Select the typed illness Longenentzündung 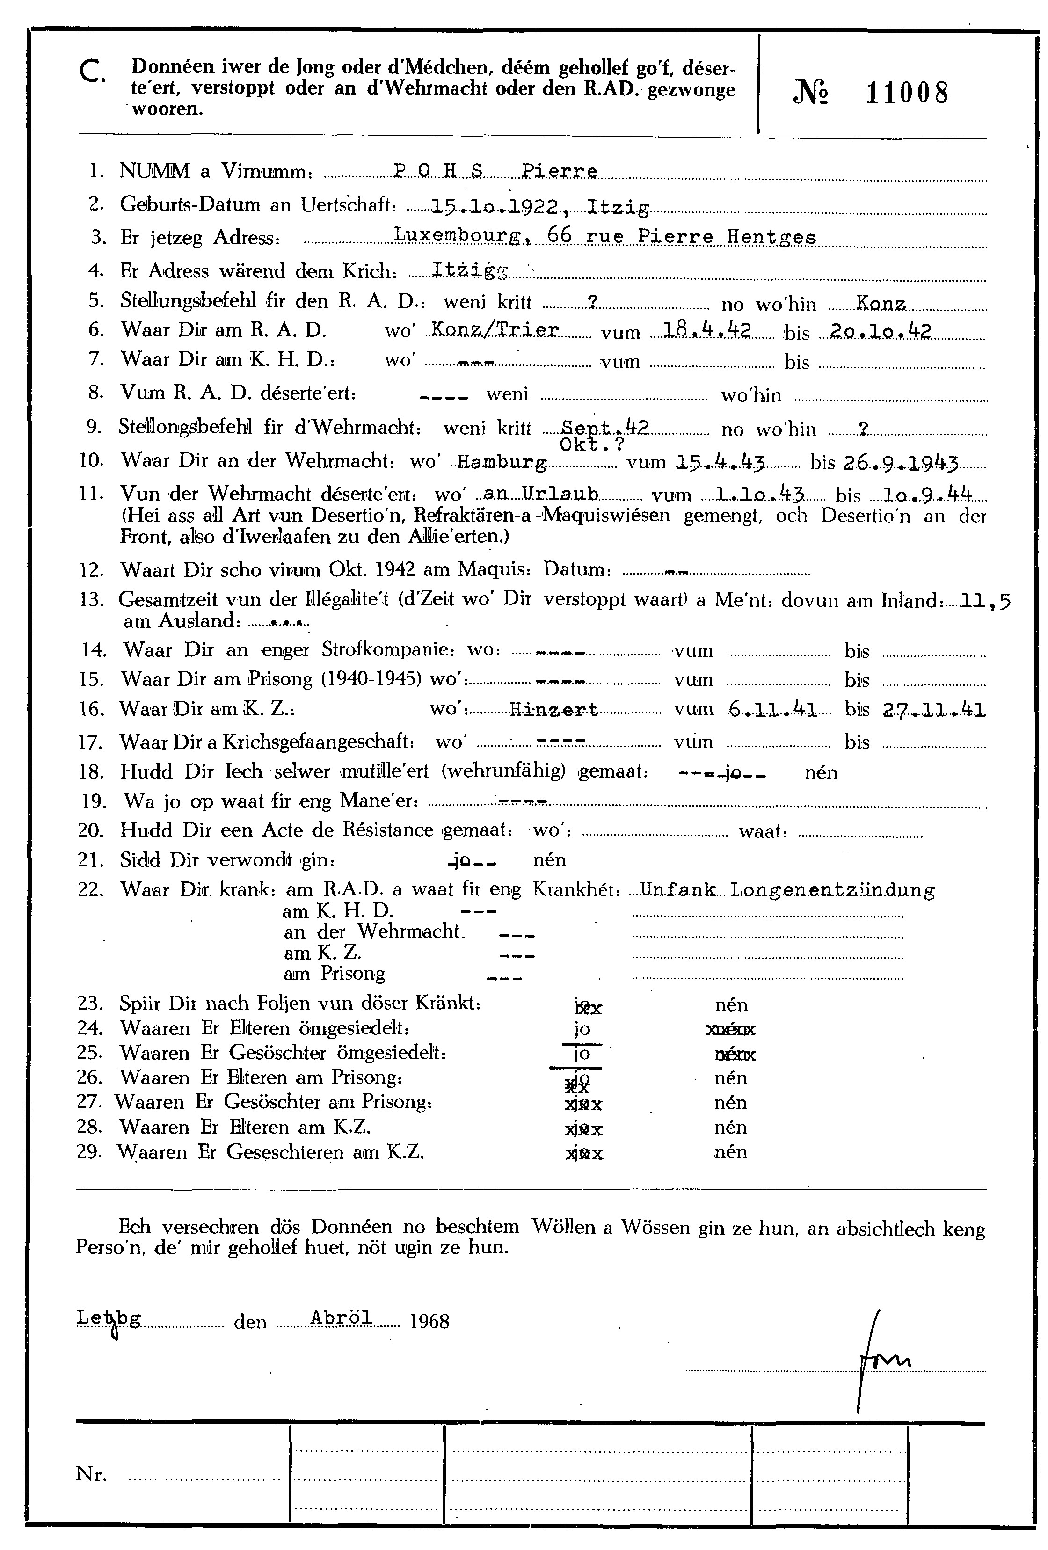832,890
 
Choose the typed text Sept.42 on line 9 596,428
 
